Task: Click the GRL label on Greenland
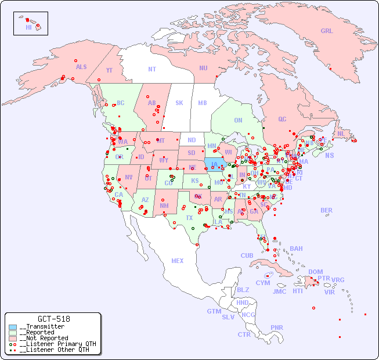[x=327, y=31]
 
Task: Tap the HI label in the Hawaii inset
[x=28, y=27]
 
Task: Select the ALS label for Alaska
[x=81, y=67]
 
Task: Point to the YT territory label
[x=109, y=70]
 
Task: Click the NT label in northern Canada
[x=151, y=69]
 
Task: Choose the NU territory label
[x=203, y=68]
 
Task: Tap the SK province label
[x=179, y=103]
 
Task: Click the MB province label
[x=202, y=103]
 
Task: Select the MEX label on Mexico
[x=178, y=261]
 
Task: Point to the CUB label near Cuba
[x=247, y=255]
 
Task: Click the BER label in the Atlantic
[x=327, y=210]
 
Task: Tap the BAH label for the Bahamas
[x=296, y=249]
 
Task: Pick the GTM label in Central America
[x=214, y=311]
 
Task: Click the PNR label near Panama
[x=277, y=327]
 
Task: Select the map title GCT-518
[x=54, y=319]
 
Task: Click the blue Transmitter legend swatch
[x=13, y=327]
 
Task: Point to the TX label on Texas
[x=189, y=218]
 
